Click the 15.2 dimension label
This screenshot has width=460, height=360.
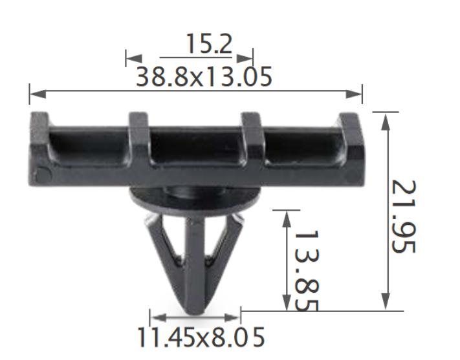pyautogui.click(x=208, y=44)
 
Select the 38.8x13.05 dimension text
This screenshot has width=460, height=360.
pyautogui.click(x=204, y=77)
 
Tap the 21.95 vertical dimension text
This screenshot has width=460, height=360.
pyautogui.click(x=404, y=216)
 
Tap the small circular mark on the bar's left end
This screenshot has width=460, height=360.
pyautogui.click(x=42, y=175)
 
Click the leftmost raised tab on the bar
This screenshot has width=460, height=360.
pyautogui.click(x=40, y=123)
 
